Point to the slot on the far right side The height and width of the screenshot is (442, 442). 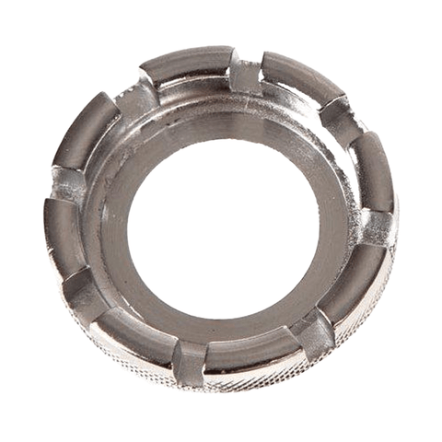point(377,222)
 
